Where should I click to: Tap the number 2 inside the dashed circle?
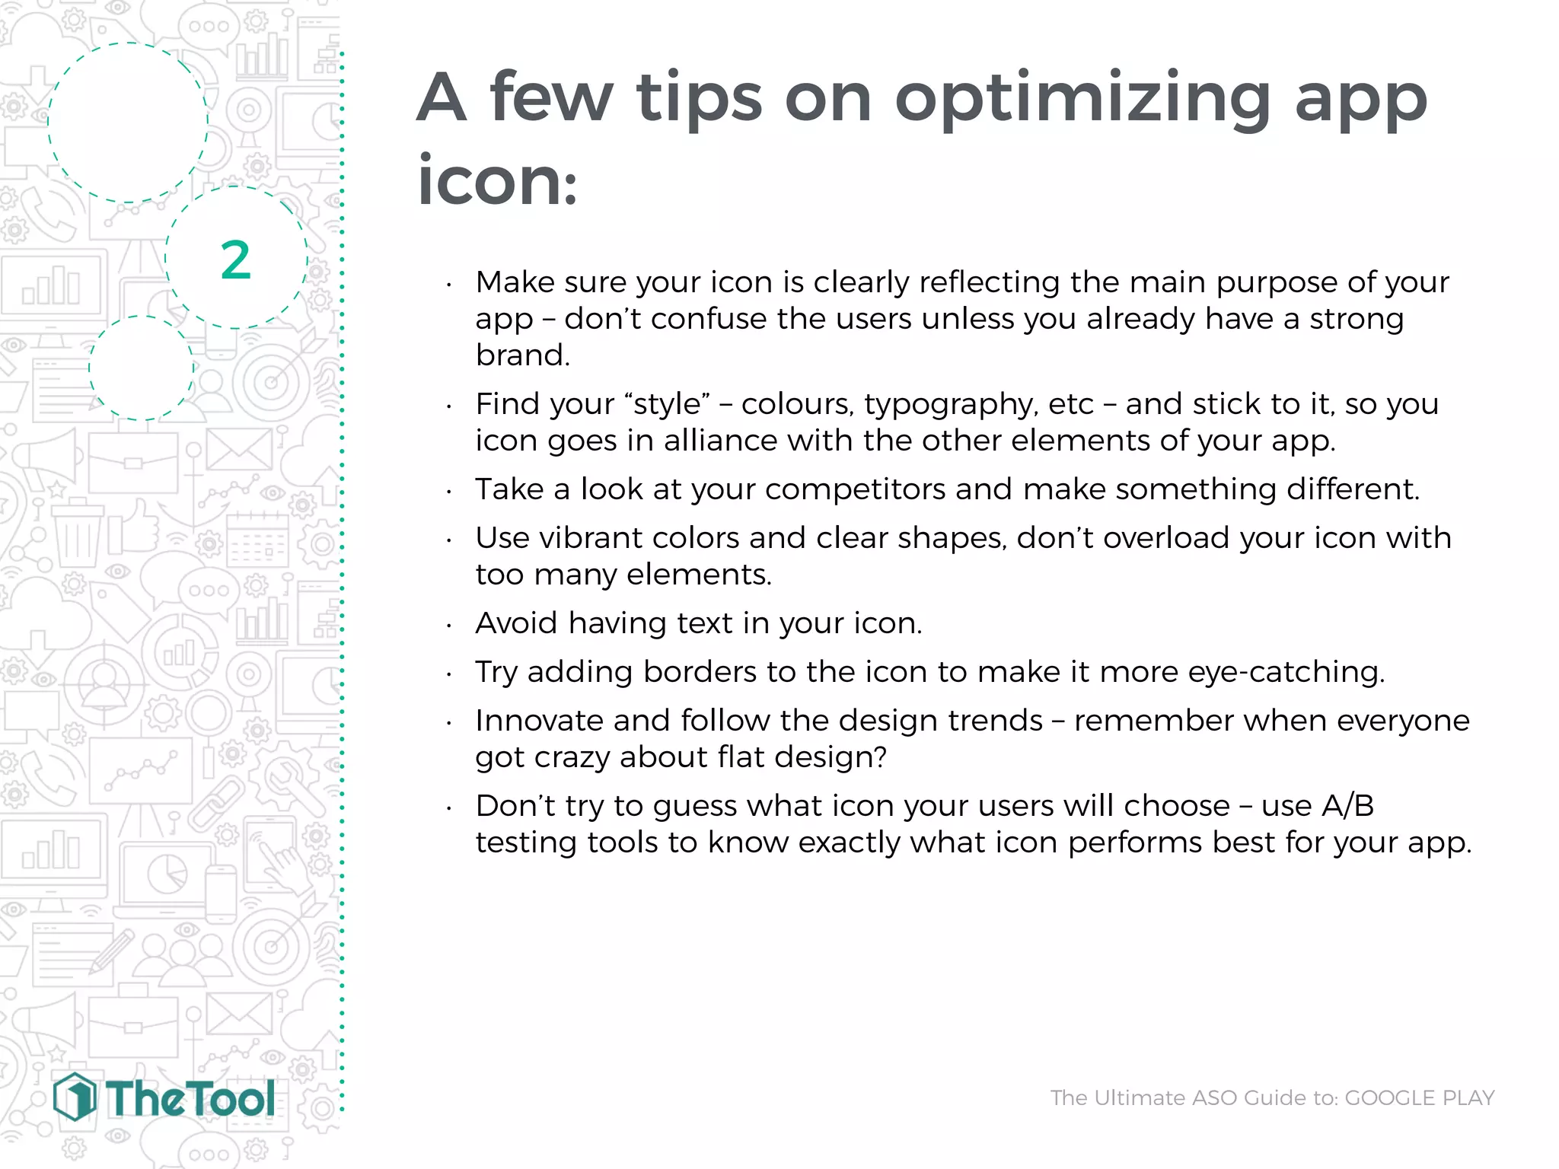235,260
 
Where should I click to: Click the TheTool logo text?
190,1099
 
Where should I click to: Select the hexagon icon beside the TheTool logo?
75,1097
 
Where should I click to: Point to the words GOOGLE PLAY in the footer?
1420,1097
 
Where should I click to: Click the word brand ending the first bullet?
521,355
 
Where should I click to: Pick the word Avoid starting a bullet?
517,623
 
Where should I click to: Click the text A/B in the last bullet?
1347,806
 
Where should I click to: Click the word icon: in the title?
497,181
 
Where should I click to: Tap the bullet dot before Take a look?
449,492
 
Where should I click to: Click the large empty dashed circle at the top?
128,123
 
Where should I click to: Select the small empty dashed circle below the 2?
141,368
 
